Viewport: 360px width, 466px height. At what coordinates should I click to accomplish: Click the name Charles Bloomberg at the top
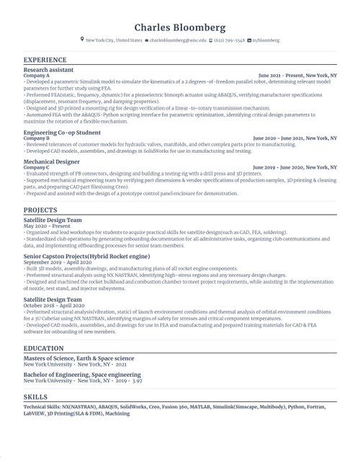(180, 27)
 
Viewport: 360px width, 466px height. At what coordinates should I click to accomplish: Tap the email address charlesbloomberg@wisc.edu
(177, 41)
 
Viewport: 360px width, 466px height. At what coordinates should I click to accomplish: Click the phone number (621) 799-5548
(228, 41)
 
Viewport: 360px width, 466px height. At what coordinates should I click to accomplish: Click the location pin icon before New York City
(82, 40)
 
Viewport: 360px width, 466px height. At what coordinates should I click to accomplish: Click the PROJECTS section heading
(40, 210)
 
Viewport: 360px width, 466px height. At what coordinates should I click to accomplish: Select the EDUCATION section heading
(42, 348)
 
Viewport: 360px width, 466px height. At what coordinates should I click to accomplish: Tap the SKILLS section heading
(35, 396)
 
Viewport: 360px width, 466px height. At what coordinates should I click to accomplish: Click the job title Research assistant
(48, 71)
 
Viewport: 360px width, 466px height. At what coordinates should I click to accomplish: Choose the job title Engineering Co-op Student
(62, 133)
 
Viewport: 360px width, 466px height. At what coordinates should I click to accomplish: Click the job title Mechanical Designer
(52, 162)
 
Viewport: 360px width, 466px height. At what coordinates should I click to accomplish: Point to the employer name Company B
(37, 138)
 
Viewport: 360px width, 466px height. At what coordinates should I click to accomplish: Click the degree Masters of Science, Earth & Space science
(78, 358)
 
